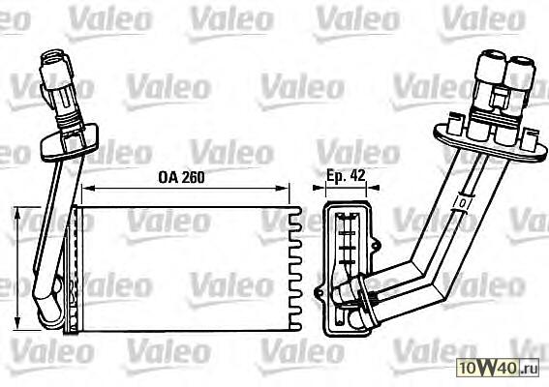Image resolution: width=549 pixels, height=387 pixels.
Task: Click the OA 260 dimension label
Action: pyautogui.click(x=181, y=177)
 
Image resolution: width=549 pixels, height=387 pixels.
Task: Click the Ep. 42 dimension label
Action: pyautogui.click(x=346, y=175)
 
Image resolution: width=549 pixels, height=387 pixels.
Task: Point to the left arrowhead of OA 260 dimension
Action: pyautogui.click(x=88, y=189)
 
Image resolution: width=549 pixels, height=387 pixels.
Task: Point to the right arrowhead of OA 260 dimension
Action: pyautogui.click(x=283, y=189)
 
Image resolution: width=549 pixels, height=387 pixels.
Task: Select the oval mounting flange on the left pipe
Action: pyautogui.click(x=70, y=141)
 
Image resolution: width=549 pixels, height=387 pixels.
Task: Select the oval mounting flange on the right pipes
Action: pyautogui.click(x=490, y=143)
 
